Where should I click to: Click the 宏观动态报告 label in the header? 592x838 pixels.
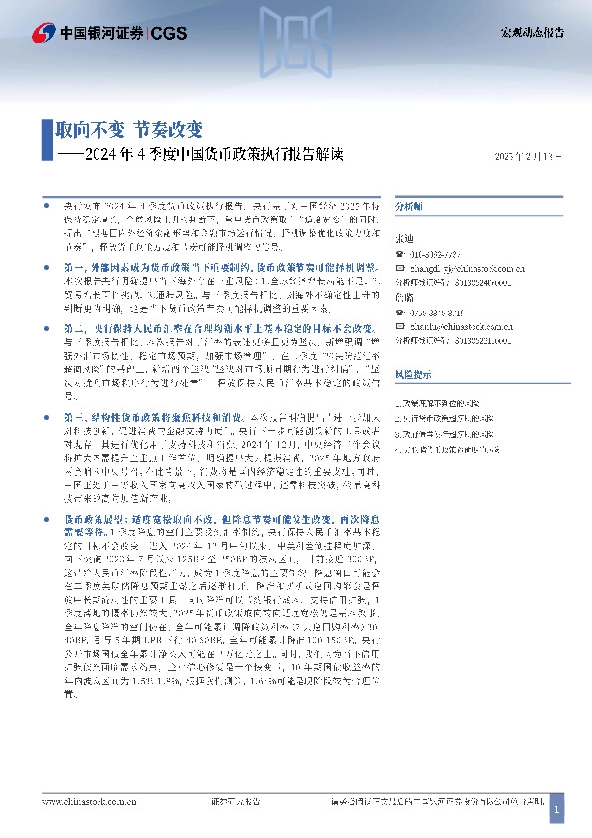click(x=530, y=32)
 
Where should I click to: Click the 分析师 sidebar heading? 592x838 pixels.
click(x=409, y=205)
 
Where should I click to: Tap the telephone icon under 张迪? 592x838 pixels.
click(x=400, y=254)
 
